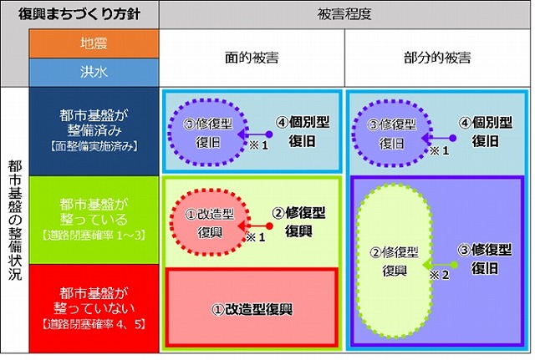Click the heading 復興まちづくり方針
pyautogui.click(x=78, y=15)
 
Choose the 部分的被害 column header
pyautogui.click(x=436, y=58)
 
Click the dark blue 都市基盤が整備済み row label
pyautogui.click(x=93, y=132)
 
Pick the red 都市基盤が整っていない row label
pyautogui.click(x=93, y=307)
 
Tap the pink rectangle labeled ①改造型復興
pyautogui.click(x=252, y=308)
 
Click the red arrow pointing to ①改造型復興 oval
pyautogui.click(x=257, y=226)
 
